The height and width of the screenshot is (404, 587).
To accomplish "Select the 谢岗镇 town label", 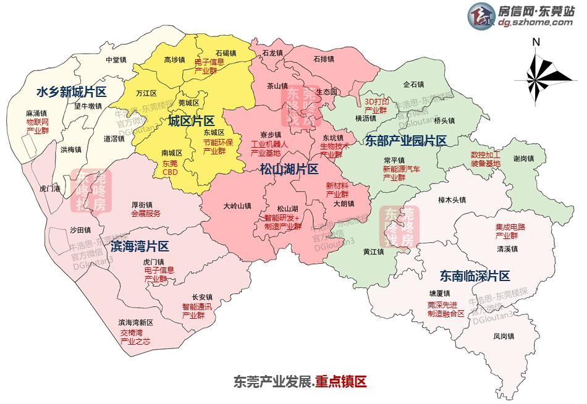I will pos(524,158).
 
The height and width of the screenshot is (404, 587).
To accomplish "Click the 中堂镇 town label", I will pos(116,60).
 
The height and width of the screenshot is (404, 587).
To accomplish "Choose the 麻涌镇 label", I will pos(37,114).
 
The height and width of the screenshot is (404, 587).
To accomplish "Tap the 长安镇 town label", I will pos(202,297).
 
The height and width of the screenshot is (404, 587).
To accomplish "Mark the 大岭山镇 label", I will pos(237,206).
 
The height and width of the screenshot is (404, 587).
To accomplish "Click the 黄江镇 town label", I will pos(374,252).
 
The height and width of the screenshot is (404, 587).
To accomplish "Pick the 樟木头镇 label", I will pos(452,200).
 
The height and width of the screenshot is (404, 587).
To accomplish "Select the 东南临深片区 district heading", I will pos(475,276).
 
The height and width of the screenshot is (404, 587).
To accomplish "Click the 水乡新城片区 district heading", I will pos(72,92).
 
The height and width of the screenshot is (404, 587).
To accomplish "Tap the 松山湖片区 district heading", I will pos(289,169).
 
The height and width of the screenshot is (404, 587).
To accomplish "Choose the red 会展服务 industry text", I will pos(146,214).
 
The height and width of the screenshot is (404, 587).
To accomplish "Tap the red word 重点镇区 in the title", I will pos(340,382).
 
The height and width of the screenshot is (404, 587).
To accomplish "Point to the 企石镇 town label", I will pos(413,84).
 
